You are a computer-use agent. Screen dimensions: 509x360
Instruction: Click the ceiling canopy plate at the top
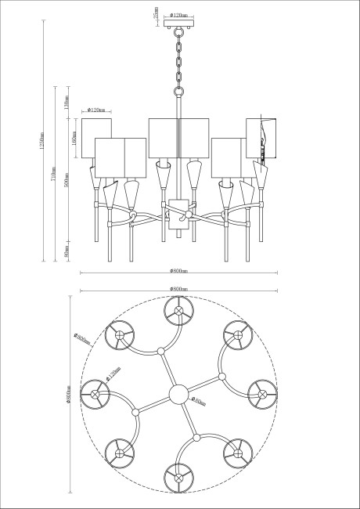pyautogui.click(x=180, y=29)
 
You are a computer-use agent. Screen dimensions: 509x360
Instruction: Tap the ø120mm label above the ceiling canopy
pyautogui.click(x=181, y=15)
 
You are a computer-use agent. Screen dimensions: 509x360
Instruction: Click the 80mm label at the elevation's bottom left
pyautogui.click(x=67, y=251)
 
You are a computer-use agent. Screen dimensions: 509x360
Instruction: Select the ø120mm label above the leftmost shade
pyautogui.click(x=97, y=110)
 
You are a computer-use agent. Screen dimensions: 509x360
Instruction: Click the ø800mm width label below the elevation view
pyautogui.click(x=179, y=270)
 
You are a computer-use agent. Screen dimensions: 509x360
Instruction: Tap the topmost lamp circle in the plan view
pyautogui.click(x=179, y=311)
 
